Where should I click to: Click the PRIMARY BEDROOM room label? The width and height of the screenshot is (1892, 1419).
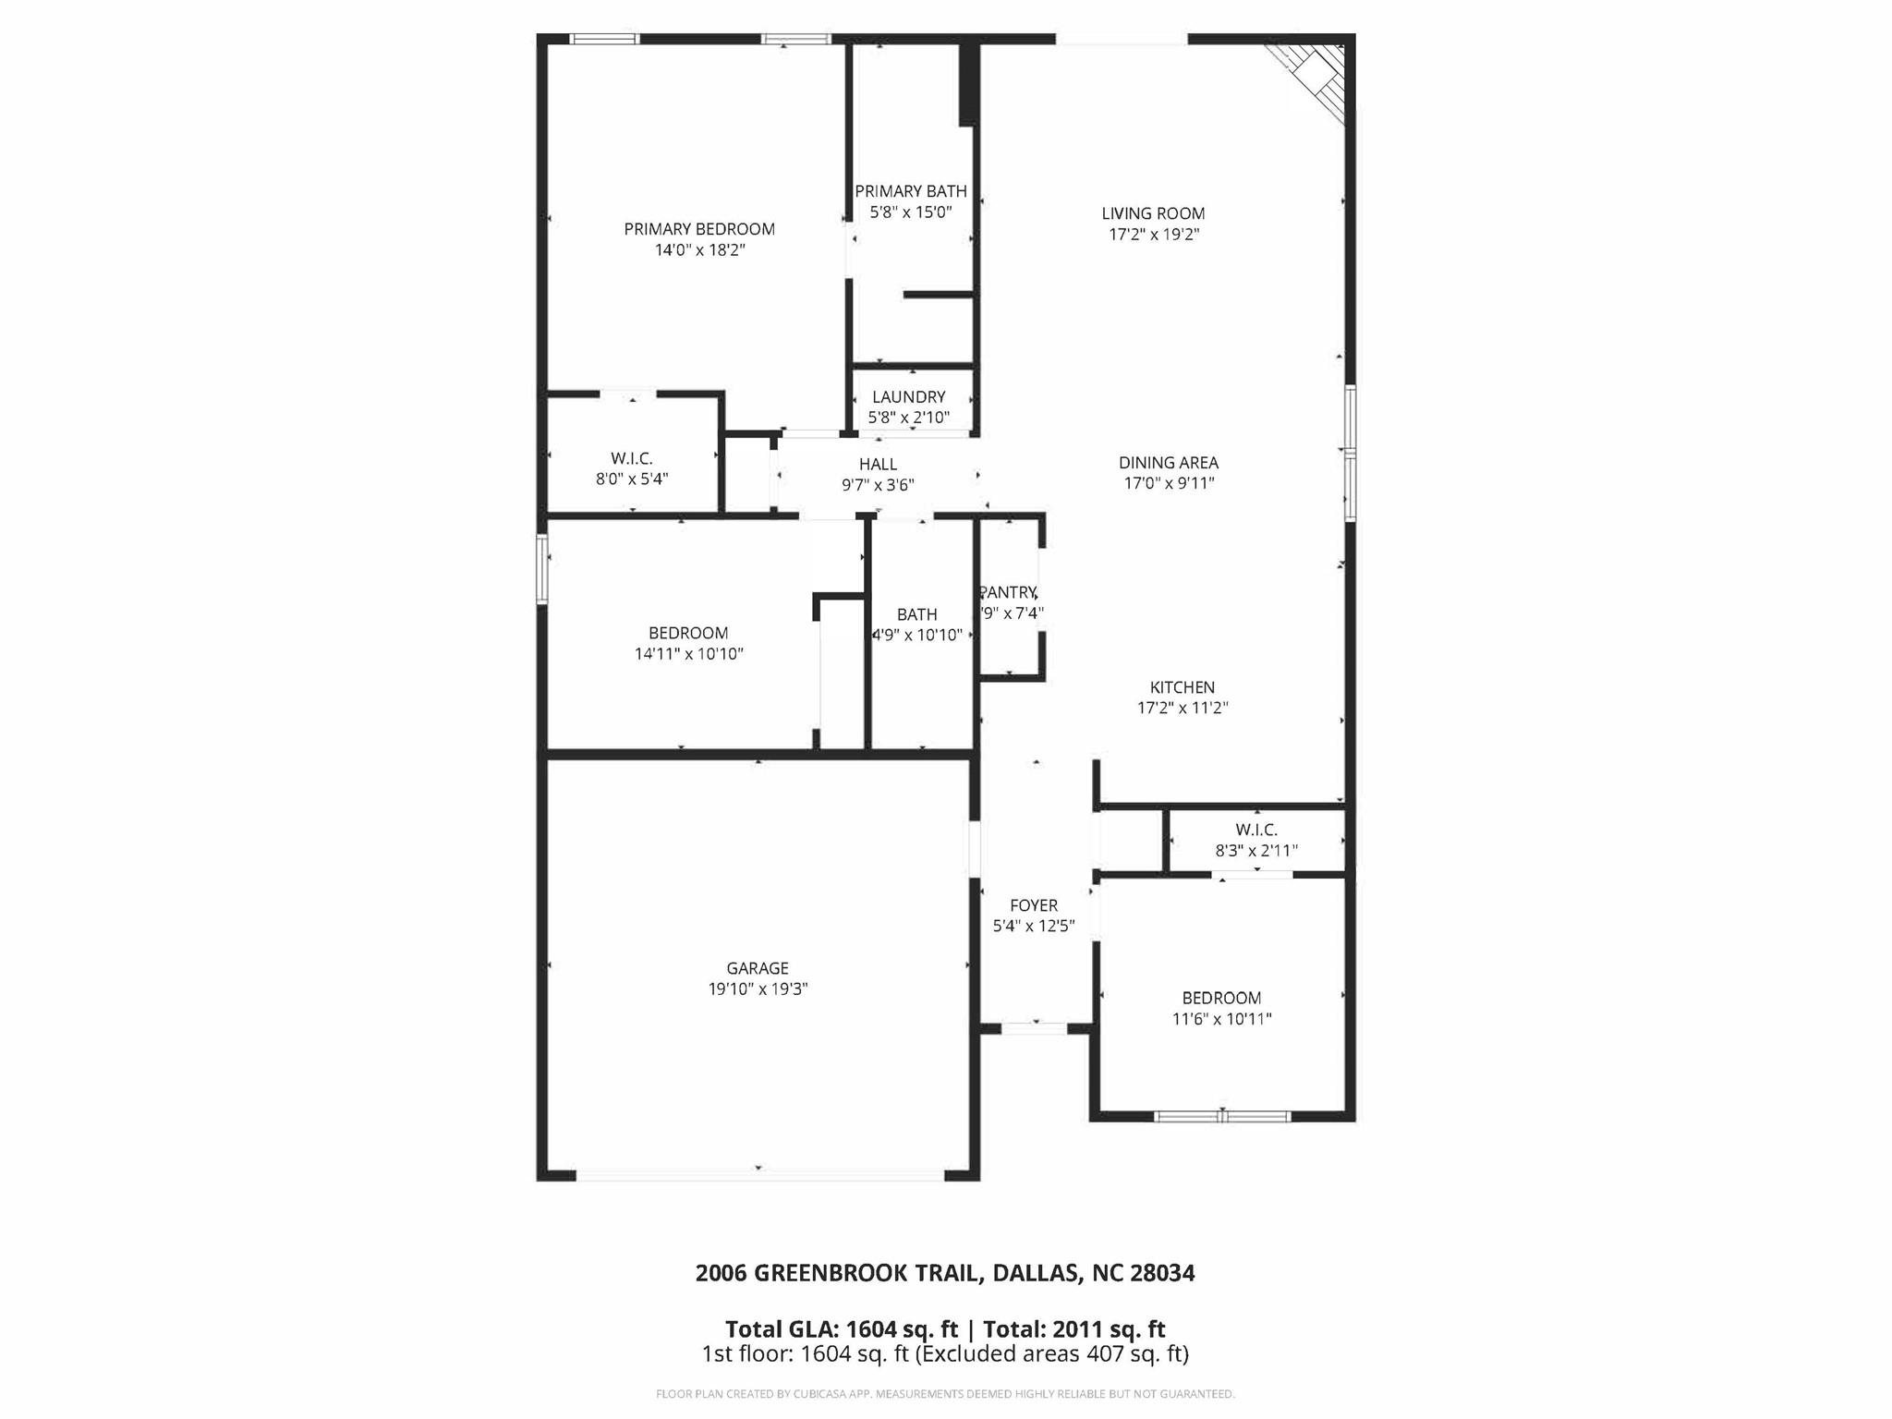point(699,229)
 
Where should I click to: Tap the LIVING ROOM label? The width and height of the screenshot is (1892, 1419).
point(1153,213)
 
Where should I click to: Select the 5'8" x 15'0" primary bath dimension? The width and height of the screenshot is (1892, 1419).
point(911,212)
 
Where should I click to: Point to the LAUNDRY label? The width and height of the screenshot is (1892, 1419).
point(909,397)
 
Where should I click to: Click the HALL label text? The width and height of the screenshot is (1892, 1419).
point(878,464)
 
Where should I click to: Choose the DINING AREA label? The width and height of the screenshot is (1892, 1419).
point(1169,463)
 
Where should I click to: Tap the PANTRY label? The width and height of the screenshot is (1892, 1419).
point(1008,592)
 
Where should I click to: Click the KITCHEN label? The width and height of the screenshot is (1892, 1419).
point(1182,687)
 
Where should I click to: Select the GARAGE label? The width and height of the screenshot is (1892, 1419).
point(758,968)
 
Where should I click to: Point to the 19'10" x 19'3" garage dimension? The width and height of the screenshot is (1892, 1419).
point(758,989)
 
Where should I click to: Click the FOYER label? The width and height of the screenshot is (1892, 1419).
point(1034,905)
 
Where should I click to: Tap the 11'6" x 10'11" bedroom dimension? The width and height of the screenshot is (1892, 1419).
point(1221,1019)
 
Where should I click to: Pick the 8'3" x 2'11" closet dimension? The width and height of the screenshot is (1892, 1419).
point(1255,851)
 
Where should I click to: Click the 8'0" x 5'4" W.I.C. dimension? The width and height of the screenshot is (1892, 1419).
point(632,479)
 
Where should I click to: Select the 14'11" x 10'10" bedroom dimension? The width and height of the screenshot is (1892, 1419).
point(688,654)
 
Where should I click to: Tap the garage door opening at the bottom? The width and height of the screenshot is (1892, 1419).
point(759,1175)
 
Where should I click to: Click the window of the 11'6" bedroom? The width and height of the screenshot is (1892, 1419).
point(1221,1116)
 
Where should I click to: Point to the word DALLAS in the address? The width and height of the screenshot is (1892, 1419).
point(1036,1273)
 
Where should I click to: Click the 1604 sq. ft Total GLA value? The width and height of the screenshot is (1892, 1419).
point(902,1329)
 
